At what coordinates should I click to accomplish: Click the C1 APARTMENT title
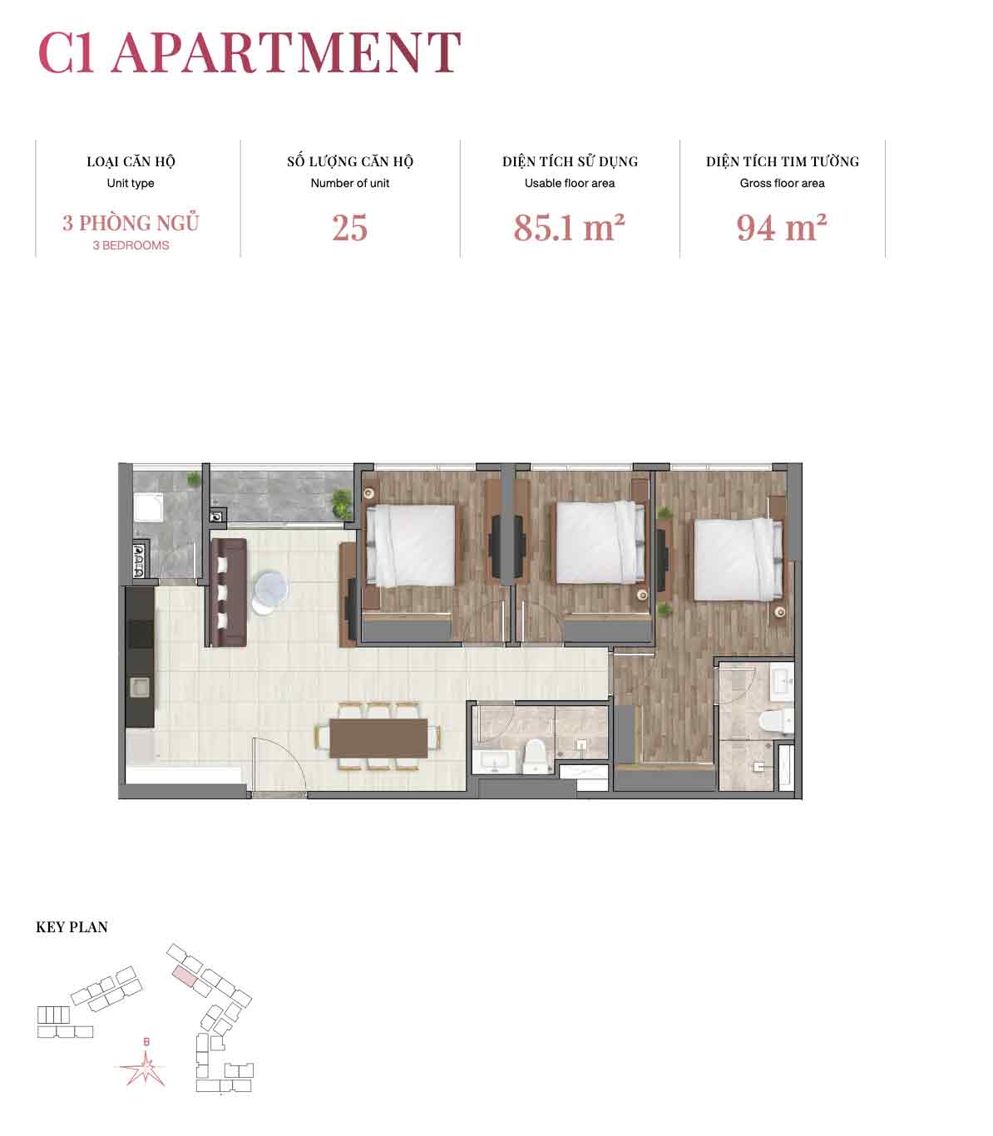tap(249, 52)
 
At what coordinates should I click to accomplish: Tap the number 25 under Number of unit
tap(349, 227)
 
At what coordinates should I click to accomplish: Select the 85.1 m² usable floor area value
tap(569, 227)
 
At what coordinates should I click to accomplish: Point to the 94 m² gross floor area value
tap(782, 227)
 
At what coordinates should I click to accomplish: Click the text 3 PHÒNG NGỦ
tap(131, 223)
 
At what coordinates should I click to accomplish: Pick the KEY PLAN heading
tap(72, 926)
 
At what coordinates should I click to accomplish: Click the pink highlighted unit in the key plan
tap(185, 975)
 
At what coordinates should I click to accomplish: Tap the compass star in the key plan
tap(145, 1068)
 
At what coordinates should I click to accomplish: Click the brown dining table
tap(378, 738)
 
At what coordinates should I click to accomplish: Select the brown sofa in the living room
tap(229, 592)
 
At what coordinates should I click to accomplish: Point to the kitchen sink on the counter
tap(140, 688)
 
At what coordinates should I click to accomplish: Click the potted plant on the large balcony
tap(341, 503)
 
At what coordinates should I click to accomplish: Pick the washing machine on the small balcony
tap(148, 506)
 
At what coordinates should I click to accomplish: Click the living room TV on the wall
tap(351, 609)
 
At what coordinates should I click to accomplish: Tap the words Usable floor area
tap(570, 183)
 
